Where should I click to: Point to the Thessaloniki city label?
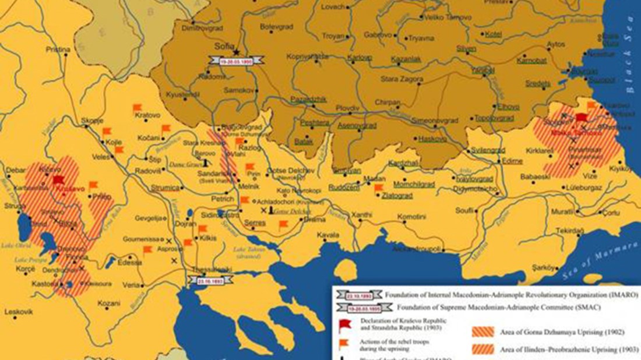point(212,269)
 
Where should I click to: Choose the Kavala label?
point(328,235)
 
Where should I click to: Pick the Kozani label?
point(108,303)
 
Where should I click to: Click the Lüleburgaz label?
point(580,189)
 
